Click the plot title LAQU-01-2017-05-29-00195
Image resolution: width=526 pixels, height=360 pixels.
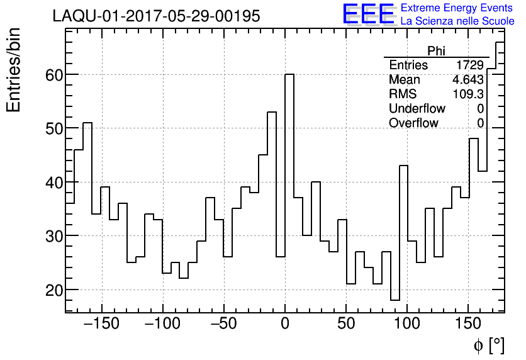coord(156,16)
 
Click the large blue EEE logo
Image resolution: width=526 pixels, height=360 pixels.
coord(368,14)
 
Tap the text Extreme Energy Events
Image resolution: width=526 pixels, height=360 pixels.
coord(457,8)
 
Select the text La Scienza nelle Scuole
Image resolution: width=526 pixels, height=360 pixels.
coord(457,21)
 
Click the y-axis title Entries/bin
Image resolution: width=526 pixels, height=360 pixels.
coord(14,70)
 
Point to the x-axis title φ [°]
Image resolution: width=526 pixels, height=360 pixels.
coord(488,345)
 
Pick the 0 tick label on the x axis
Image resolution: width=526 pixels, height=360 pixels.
coord(285,325)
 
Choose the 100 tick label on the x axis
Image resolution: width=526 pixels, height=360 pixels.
coord(407,325)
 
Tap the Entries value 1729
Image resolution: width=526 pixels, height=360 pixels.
coord(470,65)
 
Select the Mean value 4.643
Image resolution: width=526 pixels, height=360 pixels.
coord(467,80)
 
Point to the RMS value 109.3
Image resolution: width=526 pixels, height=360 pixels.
coord(468,94)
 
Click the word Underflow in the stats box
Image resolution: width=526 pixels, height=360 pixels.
coord(417,109)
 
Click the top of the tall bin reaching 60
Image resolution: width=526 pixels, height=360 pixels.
coord(289,74)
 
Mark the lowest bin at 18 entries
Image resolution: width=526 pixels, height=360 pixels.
coord(395,300)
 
